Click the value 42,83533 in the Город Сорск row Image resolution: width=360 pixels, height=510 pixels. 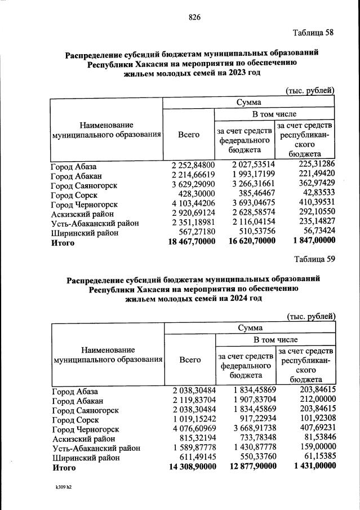(x=318, y=195)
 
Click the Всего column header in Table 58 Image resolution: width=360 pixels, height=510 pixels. (x=189, y=135)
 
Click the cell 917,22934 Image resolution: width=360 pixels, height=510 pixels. (x=255, y=420)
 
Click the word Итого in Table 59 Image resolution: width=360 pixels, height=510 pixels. (x=64, y=467)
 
